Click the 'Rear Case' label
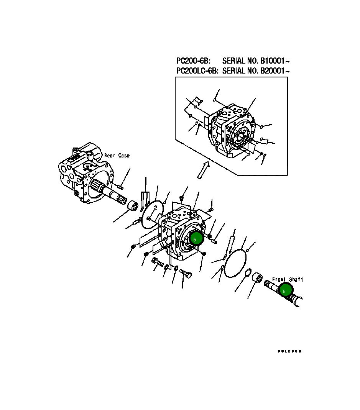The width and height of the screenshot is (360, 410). click(x=117, y=156)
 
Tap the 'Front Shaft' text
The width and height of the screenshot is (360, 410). click(x=287, y=280)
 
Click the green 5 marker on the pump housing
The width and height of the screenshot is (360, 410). click(x=196, y=239)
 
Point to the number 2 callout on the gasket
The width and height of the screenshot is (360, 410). click(x=155, y=207)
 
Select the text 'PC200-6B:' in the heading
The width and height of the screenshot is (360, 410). click(x=193, y=61)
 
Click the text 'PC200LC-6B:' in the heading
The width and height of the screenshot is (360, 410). click(x=197, y=71)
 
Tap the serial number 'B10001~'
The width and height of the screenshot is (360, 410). click(x=275, y=61)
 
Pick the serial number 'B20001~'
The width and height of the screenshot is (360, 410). click(x=275, y=71)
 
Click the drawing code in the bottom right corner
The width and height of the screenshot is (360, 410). click(x=289, y=351)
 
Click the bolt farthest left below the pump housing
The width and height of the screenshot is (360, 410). click(x=157, y=262)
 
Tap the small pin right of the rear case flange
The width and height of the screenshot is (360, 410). click(x=120, y=187)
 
